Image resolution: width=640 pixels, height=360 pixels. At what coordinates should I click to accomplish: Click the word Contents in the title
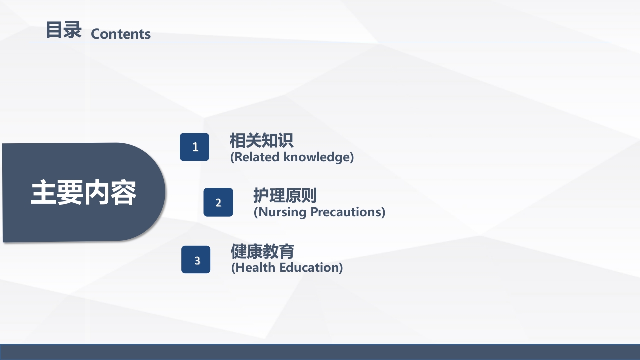tap(121, 34)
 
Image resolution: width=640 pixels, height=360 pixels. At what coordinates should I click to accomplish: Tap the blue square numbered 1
tap(195, 147)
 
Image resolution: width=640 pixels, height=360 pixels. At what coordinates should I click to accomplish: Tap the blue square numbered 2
tap(218, 202)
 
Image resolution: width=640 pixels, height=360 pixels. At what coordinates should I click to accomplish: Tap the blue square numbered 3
tap(196, 260)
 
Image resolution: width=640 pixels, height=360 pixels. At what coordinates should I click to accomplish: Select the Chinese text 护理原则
tap(285, 195)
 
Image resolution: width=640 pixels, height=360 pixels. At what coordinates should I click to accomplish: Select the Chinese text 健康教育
tap(262, 251)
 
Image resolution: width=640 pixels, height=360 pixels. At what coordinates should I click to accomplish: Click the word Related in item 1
tap(257, 157)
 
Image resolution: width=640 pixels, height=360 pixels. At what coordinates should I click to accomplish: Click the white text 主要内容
tap(83, 193)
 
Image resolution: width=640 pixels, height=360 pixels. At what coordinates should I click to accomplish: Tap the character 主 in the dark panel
tap(44, 193)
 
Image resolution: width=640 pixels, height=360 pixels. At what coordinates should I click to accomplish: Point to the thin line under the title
tap(320, 42)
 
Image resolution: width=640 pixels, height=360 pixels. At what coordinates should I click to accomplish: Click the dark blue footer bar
tap(320, 352)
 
